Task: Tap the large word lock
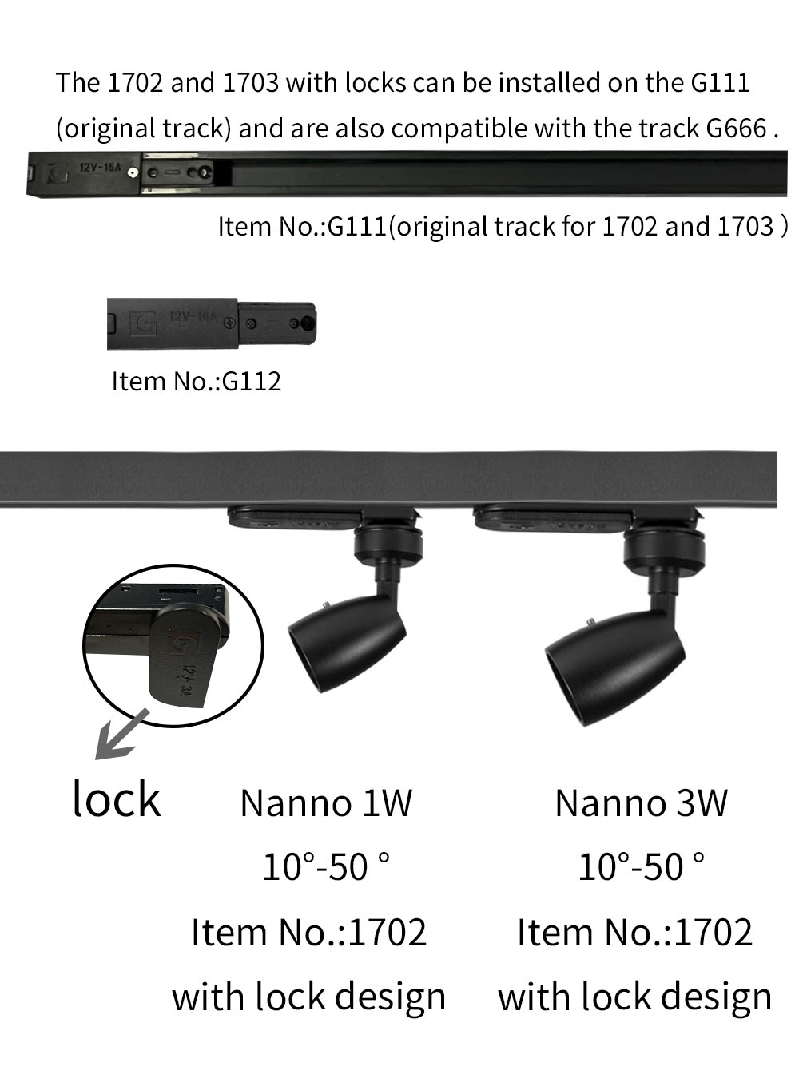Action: click(117, 798)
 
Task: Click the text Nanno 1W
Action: click(326, 803)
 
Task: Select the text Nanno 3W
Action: click(642, 803)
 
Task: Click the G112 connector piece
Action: click(212, 324)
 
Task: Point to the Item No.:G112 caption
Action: click(197, 382)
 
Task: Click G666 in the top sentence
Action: click(737, 128)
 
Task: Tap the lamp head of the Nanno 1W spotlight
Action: click(346, 643)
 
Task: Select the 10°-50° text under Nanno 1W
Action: click(326, 867)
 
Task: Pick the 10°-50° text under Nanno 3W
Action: click(642, 867)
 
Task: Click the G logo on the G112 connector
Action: click(146, 323)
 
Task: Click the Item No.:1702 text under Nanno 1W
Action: click(309, 933)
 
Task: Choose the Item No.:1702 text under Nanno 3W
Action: click(635, 933)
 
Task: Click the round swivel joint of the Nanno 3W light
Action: click(665, 549)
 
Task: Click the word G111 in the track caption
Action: click(357, 227)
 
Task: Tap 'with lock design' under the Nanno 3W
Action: click(635, 997)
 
